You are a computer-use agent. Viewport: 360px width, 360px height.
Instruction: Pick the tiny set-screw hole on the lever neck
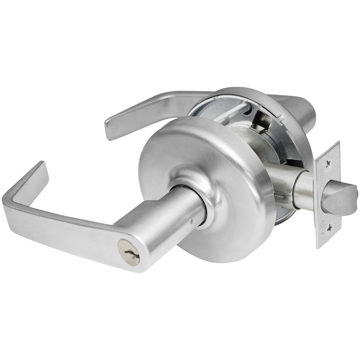pyautogui.click(x=193, y=222)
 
